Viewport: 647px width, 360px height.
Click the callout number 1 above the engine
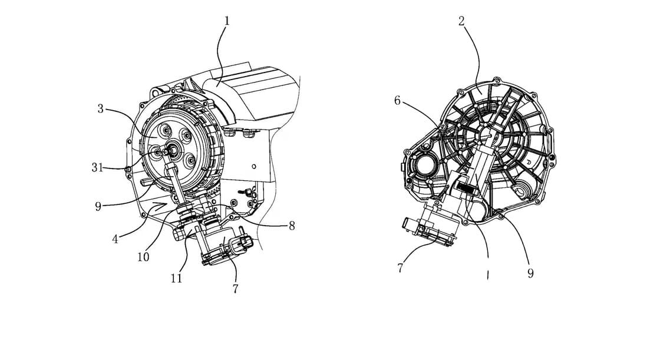coord(226,21)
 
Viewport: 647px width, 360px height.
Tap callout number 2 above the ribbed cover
coord(462,21)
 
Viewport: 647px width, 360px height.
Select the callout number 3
coord(100,109)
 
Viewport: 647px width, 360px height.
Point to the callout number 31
coord(97,167)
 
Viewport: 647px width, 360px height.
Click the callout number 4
coord(115,239)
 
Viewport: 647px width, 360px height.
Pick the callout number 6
coord(397,101)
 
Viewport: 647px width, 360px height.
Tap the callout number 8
coord(292,226)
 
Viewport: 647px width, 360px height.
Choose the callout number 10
coord(143,257)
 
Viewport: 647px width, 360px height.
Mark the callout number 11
coord(177,278)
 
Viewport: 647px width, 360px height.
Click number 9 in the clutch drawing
coord(98,206)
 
